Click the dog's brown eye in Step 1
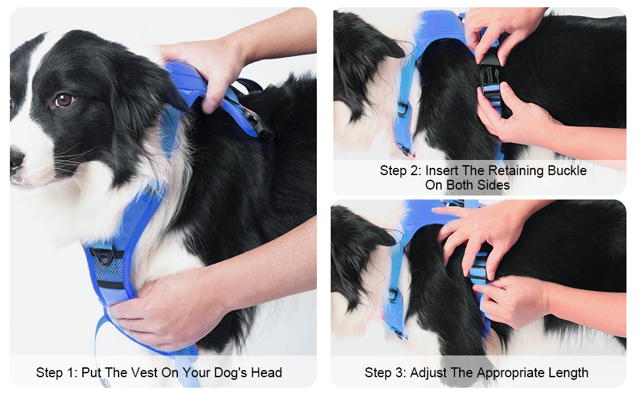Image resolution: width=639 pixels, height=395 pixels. [x=64, y=99]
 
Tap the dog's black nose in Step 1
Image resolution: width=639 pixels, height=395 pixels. [x=16, y=159]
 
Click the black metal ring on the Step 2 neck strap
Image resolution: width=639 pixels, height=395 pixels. [x=403, y=107]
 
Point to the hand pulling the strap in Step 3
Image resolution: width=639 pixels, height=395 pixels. [x=514, y=300]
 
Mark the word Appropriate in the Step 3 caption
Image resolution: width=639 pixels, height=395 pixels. [x=495, y=373]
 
